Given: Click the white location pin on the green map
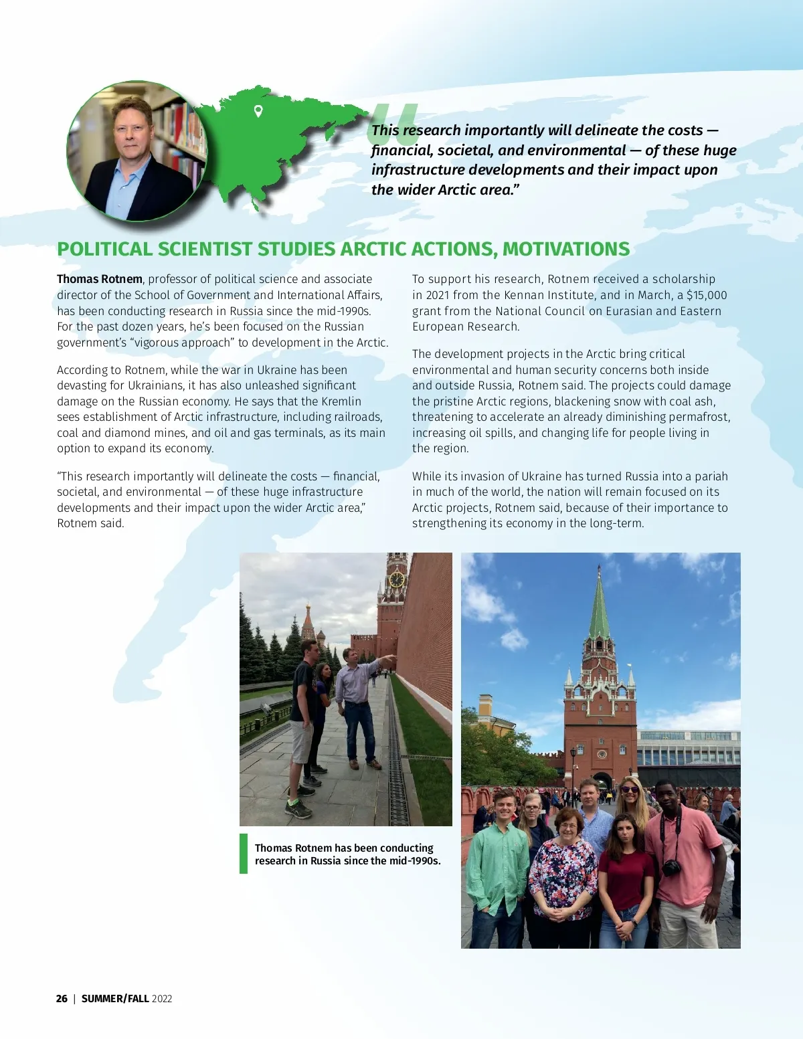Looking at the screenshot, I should coord(258,111).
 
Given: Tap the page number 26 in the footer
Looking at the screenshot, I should coord(62,998).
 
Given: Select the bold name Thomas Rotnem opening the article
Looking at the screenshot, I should coord(100,279).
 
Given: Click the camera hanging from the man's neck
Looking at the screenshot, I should coord(671,868).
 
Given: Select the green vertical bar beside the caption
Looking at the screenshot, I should coord(244,854).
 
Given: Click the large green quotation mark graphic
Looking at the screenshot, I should coord(393,124).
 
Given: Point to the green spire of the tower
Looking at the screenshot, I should coord(599,605).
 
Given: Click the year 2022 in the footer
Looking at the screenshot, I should coord(162,998).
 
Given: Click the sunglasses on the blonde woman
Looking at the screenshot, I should coord(630,789).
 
